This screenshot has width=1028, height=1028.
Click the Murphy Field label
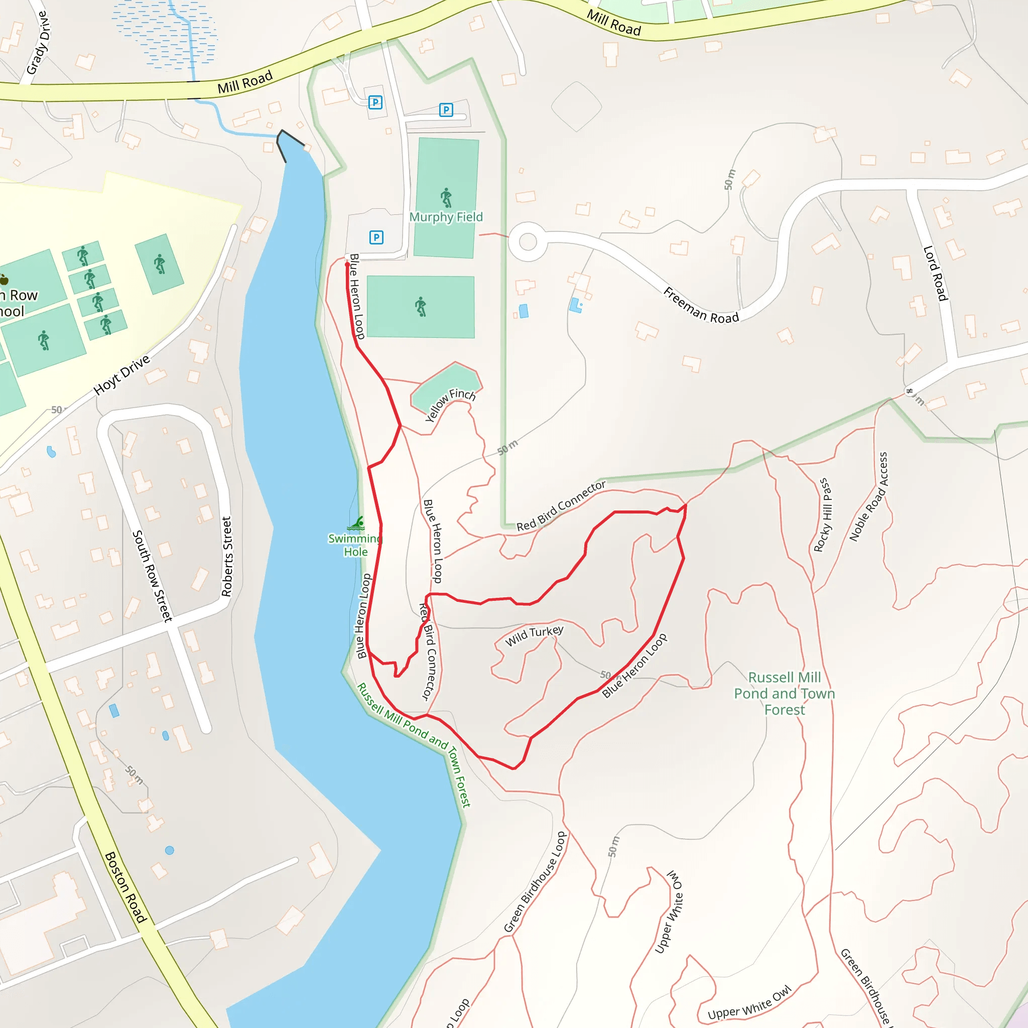coord(446,217)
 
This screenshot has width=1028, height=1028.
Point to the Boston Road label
coord(125,887)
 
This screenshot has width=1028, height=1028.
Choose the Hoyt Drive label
coord(122,375)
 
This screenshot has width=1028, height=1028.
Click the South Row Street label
coord(152,576)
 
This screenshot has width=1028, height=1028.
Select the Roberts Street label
coord(227,557)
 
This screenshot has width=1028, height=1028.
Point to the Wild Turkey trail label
coord(534,635)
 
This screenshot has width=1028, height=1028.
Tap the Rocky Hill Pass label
coord(822,515)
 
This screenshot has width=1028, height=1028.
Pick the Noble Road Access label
coord(868,496)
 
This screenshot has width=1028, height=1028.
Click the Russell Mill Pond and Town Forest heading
coord(785,693)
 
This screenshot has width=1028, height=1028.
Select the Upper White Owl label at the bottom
coord(749,1003)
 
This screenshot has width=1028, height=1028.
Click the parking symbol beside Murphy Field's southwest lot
coord(376,237)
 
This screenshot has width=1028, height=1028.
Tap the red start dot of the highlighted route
coord(347,265)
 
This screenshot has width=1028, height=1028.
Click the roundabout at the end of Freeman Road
coord(528,241)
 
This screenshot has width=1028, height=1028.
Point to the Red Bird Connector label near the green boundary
coord(561,505)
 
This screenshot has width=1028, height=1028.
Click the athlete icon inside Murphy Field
coord(446,197)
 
